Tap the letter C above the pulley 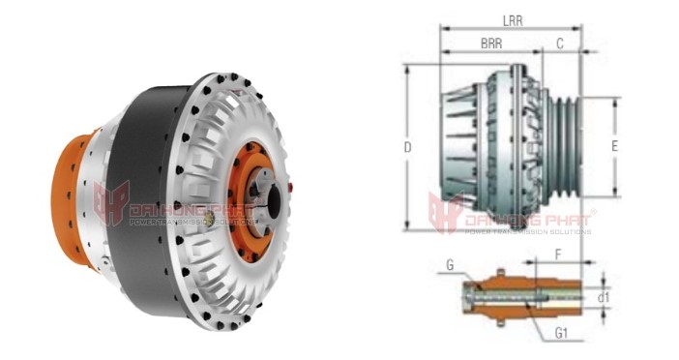click(560, 45)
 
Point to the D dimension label click(409, 148)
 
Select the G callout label click(450, 265)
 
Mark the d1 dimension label click(605, 297)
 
